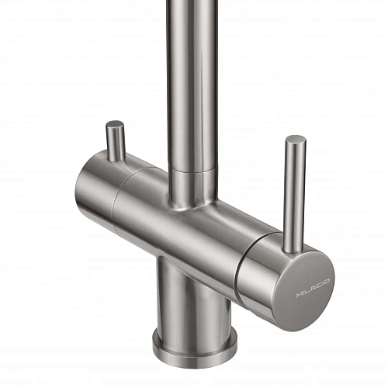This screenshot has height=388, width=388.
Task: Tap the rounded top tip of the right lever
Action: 296,141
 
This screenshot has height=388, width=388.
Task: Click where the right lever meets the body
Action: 292,247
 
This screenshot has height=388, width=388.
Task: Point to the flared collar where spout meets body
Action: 190,194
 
